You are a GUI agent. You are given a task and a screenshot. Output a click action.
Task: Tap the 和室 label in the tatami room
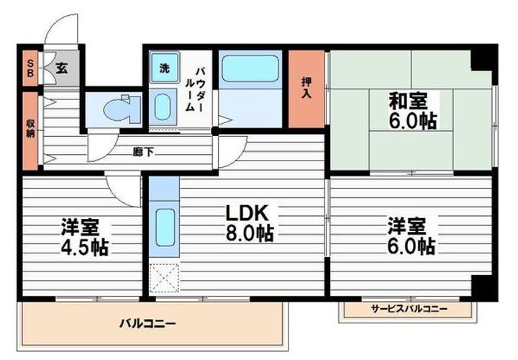tap(408, 101)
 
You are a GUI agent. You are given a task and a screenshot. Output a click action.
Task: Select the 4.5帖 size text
tap(85, 247)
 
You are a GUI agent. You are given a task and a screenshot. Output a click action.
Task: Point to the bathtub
tap(250, 68)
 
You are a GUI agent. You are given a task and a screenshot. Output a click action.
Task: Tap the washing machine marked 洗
tap(165, 68)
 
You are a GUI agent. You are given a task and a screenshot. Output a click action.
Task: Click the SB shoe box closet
tap(30, 68)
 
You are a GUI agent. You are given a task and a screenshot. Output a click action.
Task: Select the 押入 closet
tap(306, 89)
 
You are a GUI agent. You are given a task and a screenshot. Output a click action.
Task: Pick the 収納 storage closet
tap(30, 131)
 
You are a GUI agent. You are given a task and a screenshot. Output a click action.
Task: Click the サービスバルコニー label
tap(409, 309)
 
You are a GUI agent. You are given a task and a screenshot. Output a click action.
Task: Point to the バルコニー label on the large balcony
tap(147, 323)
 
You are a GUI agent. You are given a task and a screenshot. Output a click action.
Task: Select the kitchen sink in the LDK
tap(165, 227)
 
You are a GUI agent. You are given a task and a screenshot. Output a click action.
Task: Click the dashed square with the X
tap(164, 278)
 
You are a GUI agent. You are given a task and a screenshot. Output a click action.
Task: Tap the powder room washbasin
tap(162, 107)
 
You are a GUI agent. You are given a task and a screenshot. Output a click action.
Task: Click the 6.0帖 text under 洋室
tap(411, 246)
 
